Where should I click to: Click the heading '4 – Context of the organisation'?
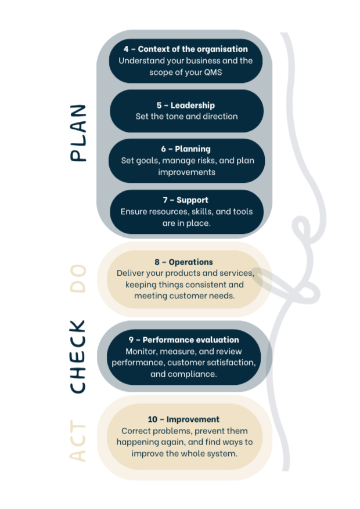coord(185,49)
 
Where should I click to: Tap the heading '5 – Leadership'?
coord(185,105)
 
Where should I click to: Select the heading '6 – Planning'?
coord(186,149)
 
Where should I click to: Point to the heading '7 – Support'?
coord(186,200)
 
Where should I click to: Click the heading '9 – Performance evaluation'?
coord(183,340)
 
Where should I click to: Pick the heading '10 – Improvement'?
coord(183,420)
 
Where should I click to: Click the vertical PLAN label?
coord(81,135)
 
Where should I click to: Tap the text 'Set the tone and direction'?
coord(186,117)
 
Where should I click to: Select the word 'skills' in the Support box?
coord(201,212)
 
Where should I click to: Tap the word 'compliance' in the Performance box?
coord(192,374)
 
